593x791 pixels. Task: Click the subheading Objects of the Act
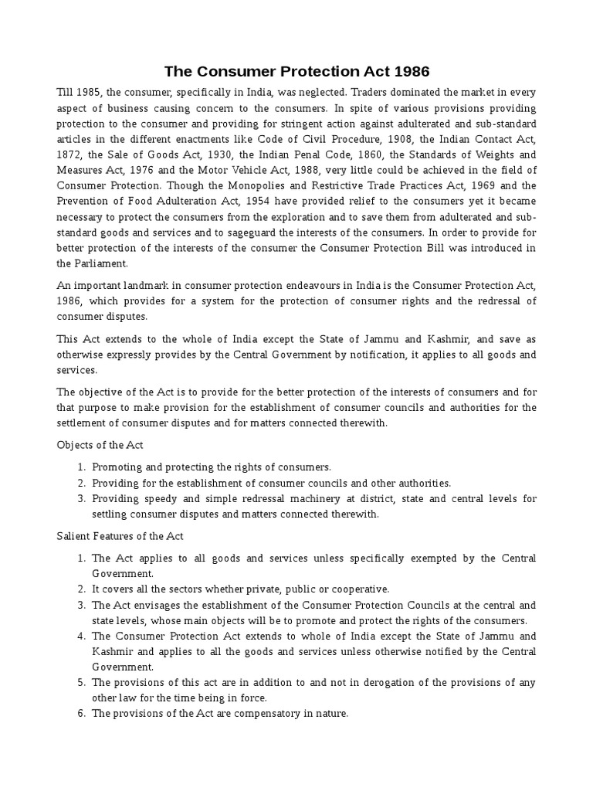[100, 446]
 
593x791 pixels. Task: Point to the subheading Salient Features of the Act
[119, 536]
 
